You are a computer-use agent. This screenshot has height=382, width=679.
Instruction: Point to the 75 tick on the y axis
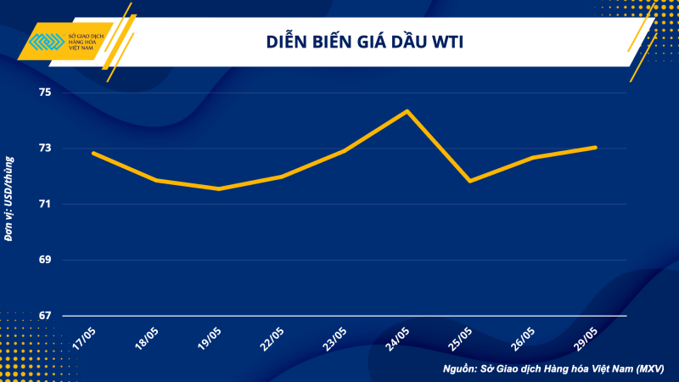click(x=44, y=92)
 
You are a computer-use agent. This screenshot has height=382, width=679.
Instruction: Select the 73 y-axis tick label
click(x=44, y=148)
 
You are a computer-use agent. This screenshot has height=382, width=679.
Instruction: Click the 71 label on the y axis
click(x=44, y=204)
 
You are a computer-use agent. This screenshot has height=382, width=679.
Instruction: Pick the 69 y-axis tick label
click(x=44, y=260)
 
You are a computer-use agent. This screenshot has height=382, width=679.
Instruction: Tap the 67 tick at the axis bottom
click(x=44, y=316)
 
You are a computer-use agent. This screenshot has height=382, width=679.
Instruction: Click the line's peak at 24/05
click(x=407, y=111)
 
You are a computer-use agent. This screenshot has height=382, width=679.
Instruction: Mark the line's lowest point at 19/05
click(x=219, y=188)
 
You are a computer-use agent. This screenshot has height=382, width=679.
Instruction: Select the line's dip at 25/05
click(x=469, y=181)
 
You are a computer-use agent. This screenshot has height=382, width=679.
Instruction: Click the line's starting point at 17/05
click(x=93, y=153)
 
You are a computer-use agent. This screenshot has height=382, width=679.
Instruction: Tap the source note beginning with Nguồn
click(x=553, y=369)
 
